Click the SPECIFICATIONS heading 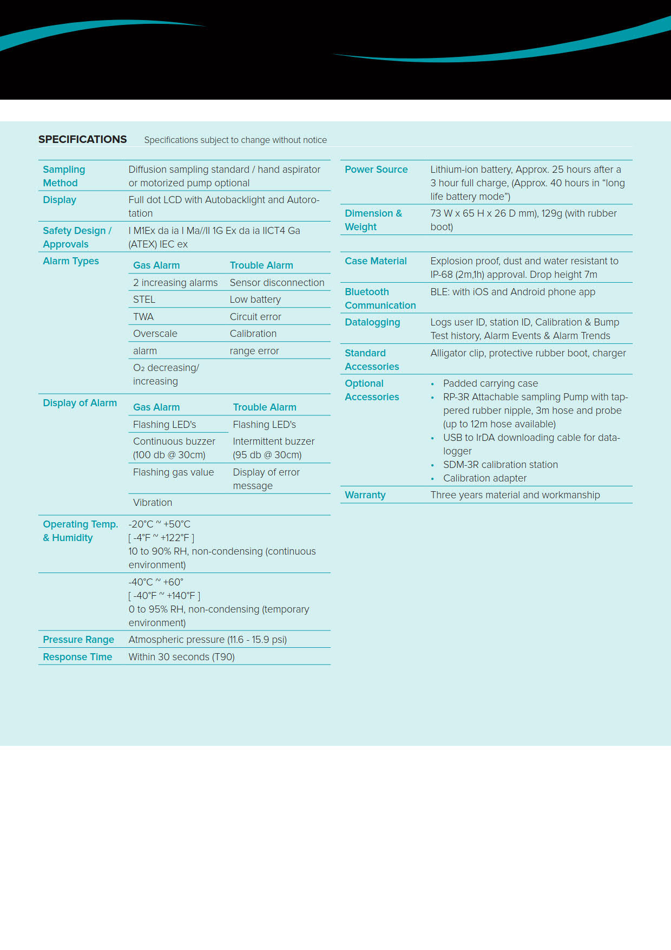point(82,139)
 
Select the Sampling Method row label point(64,176)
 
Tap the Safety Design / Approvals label point(77,237)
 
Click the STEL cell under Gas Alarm point(144,300)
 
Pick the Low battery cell point(255,300)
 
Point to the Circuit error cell point(255,317)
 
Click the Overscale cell point(155,334)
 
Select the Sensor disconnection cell point(277,283)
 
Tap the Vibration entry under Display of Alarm point(153,503)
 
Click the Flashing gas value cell point(173,472)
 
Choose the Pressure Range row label point(78,640)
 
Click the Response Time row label point(77,657)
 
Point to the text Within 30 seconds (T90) point(181,657)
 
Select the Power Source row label point(376,170)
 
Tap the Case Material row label point(376,261)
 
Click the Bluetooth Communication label point(380,298)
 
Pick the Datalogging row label point(372,322)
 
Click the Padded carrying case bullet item point(490,383)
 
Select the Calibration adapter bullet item point(485,478)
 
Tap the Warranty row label point(365,495)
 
